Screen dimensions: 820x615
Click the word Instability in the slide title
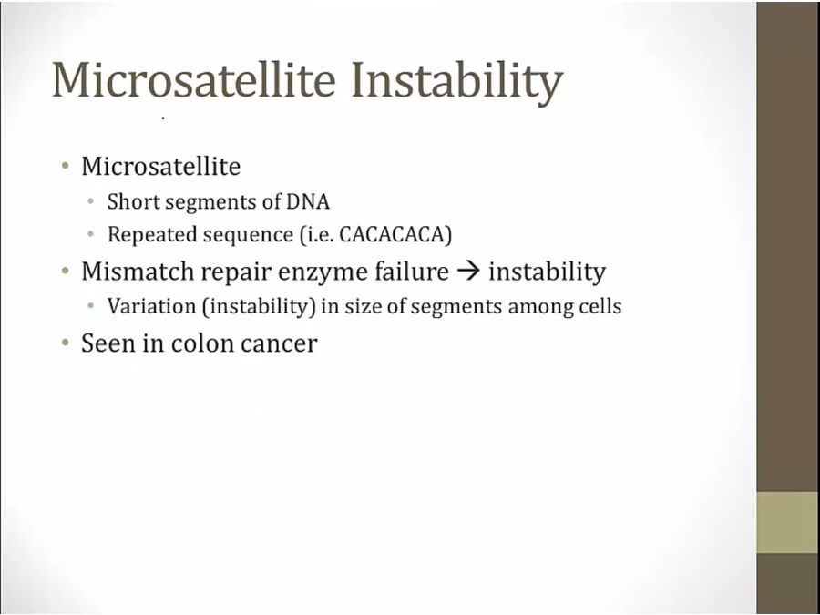pos(456,81)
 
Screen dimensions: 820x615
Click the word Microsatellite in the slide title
pos(193,79)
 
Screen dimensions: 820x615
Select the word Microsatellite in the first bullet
pos(161,167)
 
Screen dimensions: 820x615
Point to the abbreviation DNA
pos(308,201)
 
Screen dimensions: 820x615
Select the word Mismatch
pos(138,271)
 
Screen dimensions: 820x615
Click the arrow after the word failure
pos(468,272)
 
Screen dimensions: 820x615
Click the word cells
pos(600,306)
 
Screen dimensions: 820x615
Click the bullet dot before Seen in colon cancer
pos(66,343)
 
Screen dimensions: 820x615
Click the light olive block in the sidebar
pos(788,522)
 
